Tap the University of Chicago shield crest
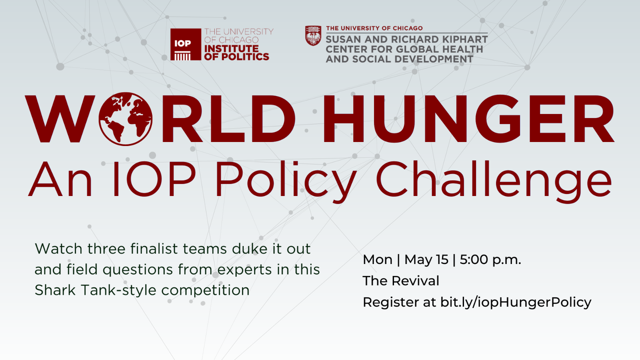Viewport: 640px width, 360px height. (x=313, y=36)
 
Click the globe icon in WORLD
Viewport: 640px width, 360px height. (x=126, y=119)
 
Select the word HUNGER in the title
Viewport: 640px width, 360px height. (x=468, y=119)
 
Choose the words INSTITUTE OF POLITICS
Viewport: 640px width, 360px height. (x=236, y=52)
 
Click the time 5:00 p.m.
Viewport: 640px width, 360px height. (x=490, y=260)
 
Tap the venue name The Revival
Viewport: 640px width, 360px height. (x=401, y=281)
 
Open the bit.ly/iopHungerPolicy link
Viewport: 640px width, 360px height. (x=516, y=302)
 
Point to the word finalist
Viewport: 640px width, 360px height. (x=154, y=248)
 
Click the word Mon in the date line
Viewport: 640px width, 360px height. (x=378, y=260)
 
